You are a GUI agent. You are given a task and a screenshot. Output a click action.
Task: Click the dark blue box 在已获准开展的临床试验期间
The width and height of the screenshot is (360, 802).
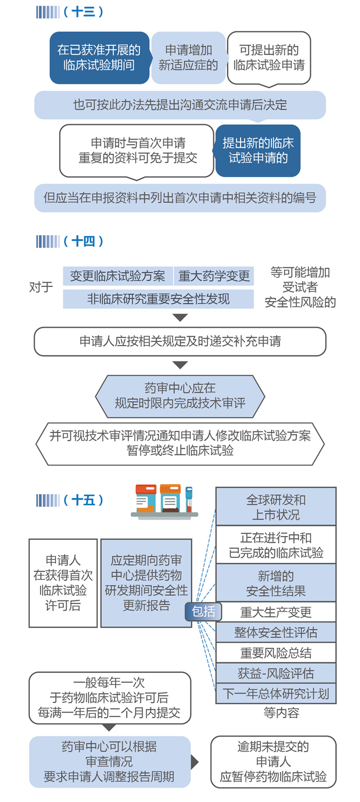coord(99,58)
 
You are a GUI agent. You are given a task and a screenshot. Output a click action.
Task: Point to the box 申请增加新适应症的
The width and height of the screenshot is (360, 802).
coord(188,58)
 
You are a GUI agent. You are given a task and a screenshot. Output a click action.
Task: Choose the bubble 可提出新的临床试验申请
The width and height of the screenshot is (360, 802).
coord(269,58)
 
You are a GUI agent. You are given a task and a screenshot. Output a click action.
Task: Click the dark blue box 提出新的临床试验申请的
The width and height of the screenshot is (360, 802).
coord(258,150)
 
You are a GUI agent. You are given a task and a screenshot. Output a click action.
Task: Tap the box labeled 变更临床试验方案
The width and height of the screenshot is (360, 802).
coord(118,277)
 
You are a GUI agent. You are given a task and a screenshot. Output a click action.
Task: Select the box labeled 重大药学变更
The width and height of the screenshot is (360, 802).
coord(214,277)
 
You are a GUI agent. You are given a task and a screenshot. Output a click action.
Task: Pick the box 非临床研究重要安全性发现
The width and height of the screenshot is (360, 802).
coord(158,299)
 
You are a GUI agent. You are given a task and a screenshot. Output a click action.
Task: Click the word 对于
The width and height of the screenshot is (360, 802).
coord(41,287)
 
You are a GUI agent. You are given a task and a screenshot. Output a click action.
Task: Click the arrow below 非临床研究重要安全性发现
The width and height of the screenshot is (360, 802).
coord(180,318)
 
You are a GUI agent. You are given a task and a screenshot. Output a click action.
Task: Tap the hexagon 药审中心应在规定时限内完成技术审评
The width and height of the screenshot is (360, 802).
coord(180,396)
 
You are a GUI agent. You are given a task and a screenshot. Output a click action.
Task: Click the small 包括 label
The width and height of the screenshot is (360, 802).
coord(204,611)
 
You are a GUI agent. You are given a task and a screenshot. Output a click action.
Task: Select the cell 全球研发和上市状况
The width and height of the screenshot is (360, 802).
coord(276,506)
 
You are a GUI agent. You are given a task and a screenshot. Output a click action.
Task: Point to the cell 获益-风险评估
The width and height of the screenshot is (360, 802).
coord(276,673)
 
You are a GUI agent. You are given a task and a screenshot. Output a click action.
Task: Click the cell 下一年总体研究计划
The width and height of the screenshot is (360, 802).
coord(276,694)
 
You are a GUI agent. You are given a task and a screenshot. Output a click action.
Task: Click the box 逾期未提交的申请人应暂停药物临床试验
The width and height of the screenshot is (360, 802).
coord(273,761)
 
